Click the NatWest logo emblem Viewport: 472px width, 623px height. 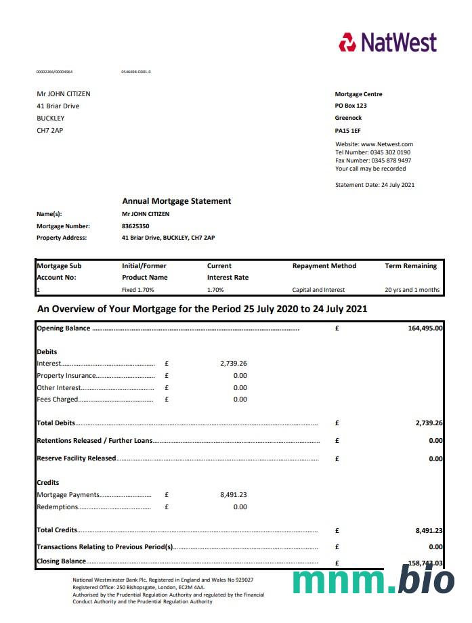pyautogui.click(x=347, y=42)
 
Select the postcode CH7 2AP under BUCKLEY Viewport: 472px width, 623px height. pyautogui.click(x=49, y=130)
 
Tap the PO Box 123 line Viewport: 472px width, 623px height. pyautogui.click(x=351, y=106)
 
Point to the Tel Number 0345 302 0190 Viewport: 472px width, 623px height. pyautogui.click(x=372, y=152)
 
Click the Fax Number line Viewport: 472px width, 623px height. pyautogui.click(x=372, y=160)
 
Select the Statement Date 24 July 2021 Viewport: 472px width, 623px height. pyautogui.click(x=374, y=185)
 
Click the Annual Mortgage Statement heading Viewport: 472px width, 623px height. pyautogui.click(x=176, y=201)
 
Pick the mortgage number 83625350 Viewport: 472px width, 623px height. pyautogui.click(x=135, y=225)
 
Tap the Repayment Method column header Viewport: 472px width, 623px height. pyautogui.click(x=324, y=266)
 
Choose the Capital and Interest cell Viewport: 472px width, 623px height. pyautogui.click(x=318, y=290)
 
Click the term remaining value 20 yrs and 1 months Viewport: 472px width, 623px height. pyautogui.click(x=412, y=290)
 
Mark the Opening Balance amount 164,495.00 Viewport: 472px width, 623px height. pyautogui.click(x=425, y=328)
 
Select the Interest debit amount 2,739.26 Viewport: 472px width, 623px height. pyautogui.click(x=234, y=364)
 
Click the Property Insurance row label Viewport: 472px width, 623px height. pyautogui.click(x=66, y=376)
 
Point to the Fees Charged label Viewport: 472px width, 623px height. pyautogui.click(x=58, y=400)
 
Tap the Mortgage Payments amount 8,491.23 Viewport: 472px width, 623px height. pyautogui.click(x=234, y=495)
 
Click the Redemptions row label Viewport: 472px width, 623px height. pyautogui.click(x=58, y=507)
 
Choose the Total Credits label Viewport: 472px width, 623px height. pyautogui.click(x=57, y=530)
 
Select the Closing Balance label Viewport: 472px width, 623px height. pyautogui.click(x=61, y=561)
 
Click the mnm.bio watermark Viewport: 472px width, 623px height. pyautogui.click(x=374, y=581)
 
